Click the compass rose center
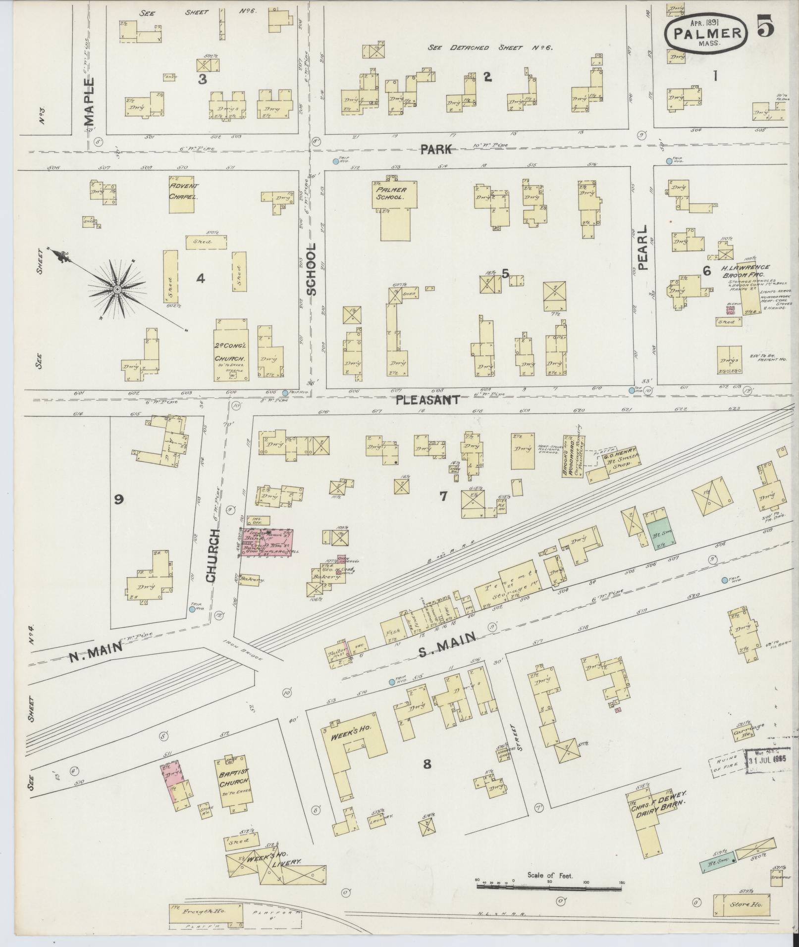[117, 289]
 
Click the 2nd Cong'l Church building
[231, 350]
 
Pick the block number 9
[118, 499]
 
